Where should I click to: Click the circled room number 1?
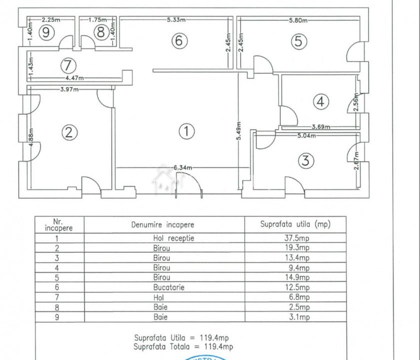pos(186,131)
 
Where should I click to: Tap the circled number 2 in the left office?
pos(69,132)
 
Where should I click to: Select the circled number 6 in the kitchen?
pos(178,40)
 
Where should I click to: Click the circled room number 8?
pos(101,33)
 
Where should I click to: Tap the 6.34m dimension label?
pos(182,168)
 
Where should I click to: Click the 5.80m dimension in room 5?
pos(298,20)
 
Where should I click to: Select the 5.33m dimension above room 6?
pos(176,20)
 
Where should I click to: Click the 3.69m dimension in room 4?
pos(321,127)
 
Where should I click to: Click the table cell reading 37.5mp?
pos(297,238)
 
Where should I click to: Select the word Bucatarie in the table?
pos(162,288)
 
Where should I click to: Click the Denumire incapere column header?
pos(162,225)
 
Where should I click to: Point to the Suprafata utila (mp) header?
pos(295,224)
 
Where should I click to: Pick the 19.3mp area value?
pos(297,248)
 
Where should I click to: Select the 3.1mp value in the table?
pos(297,317)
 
